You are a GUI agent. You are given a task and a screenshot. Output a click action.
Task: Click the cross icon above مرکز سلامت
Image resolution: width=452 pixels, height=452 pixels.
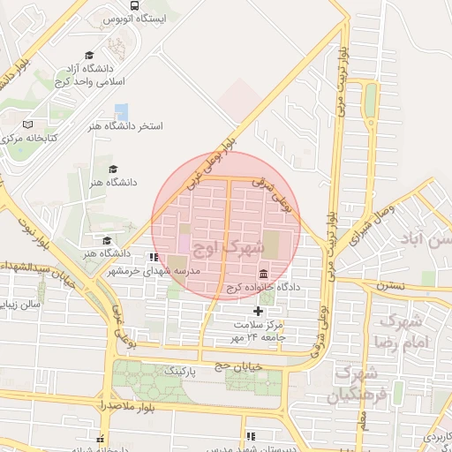[258, 311]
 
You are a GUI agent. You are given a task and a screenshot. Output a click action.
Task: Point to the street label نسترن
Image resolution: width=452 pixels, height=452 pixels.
[388, 285]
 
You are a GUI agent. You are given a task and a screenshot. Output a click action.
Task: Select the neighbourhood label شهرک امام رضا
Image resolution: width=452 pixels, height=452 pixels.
[405, 330]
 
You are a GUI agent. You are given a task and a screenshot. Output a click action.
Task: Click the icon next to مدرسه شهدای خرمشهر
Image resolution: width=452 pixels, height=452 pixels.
[154, 257]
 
